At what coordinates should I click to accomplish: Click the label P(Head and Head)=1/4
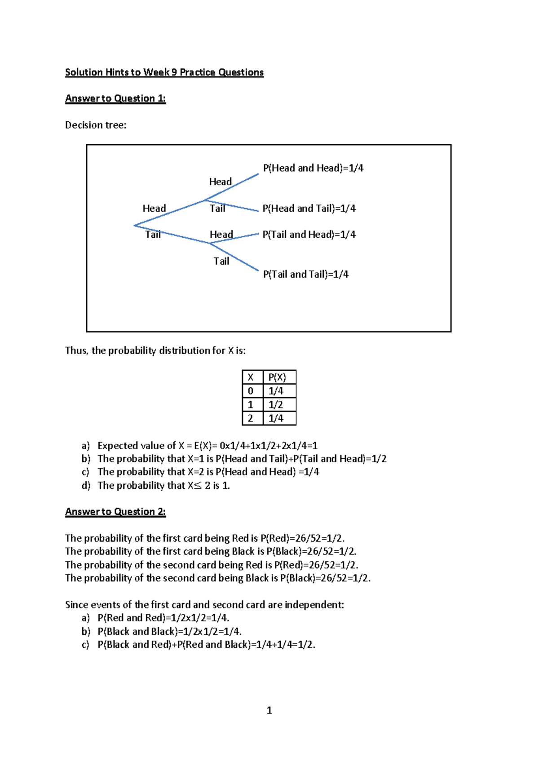pyautogui.click(x=313, y=168)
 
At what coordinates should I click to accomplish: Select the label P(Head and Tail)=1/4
pyautogui.click(x=309, y=208)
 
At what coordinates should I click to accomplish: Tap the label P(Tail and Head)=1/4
pyautogui.click(x=309, y=235)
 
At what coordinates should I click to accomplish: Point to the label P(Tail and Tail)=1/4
pyautogui.click(x=305, y=274)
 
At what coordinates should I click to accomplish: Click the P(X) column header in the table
pyautogui.click(x=277, y=377)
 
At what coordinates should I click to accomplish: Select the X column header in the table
pyautogui.click(x=251, y=377)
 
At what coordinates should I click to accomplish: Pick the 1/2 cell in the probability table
pyautogui.click(x=276, y=405)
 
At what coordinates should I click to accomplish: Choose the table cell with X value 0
pyautogui.click(x=251, y=391)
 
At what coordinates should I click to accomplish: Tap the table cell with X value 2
pyautogui.click(x=251, y=418)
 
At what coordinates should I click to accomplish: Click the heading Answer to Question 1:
pyautogui.click(x=115, y=98)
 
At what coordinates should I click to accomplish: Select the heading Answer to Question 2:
pyautogui.click(x=115, y=512)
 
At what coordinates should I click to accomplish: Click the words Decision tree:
pyautogui.click(x=96, y=125)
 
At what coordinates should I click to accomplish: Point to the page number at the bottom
pyautogui.click(x=269, y=710)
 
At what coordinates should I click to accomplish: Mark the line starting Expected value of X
pyautogui.click(x=207, y=446)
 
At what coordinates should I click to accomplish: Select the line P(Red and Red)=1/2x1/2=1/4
pyautogui.click(x=163, y=618)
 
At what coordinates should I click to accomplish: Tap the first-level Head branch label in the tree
pyautogui.click(x=154, y=208)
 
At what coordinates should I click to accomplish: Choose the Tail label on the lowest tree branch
pyautogui.click(x=221, y=261)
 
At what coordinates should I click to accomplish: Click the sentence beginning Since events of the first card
pyautogui.click(x=204, y=605)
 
